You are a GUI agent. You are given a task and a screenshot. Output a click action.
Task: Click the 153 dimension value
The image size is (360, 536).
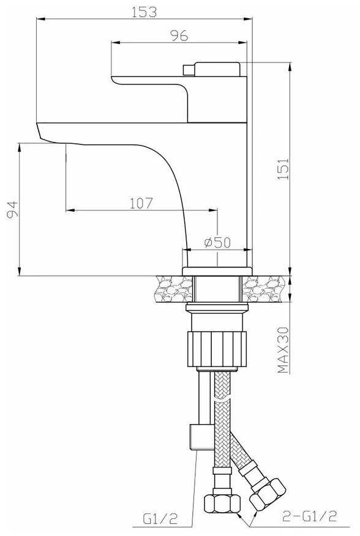(144, 12)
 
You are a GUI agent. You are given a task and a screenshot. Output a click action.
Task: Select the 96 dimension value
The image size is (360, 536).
(179, 35)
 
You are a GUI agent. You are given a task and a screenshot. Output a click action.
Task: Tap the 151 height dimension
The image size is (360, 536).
(283, 169)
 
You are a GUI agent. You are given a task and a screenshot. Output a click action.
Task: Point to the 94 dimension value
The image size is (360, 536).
(12, 209)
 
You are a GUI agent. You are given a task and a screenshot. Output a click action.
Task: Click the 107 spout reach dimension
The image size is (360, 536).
(141, 203)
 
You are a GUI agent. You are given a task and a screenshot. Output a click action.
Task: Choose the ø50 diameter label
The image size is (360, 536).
(217, 242)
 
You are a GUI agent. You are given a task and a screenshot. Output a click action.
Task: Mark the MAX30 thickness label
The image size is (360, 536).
(283, 350)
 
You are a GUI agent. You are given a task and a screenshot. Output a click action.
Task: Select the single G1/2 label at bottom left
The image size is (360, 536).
(160, 519)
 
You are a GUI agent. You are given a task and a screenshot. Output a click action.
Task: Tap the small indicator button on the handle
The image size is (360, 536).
(189, 70)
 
